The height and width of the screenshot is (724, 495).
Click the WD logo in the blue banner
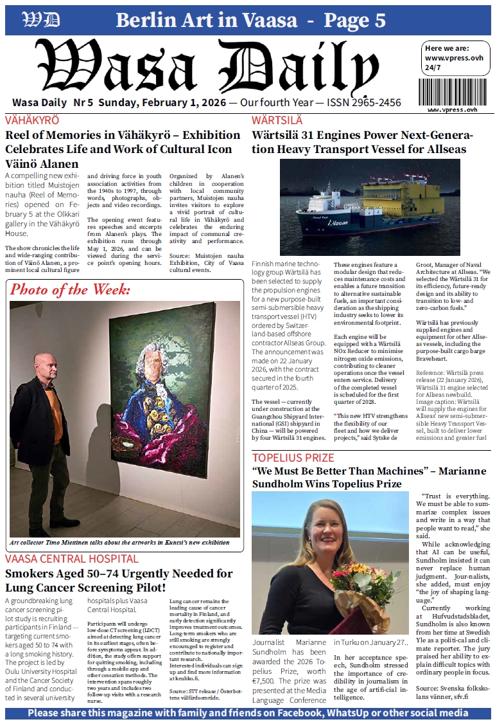pos(40,21)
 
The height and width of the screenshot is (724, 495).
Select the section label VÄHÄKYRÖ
pos(32,120)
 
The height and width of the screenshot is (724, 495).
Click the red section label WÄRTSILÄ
pos(277,120)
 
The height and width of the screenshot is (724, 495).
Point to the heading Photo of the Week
pos(70,289)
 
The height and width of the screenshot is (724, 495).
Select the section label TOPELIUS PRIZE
pos(293,458)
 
